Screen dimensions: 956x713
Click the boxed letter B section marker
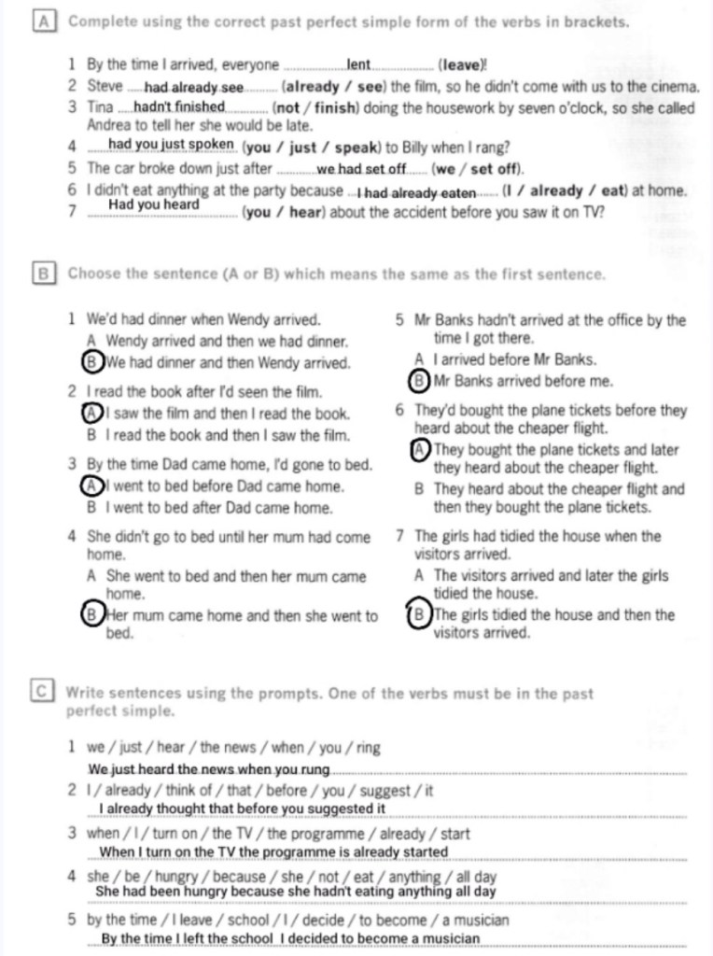click(41, 274)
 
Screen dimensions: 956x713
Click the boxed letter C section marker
click(41, 693)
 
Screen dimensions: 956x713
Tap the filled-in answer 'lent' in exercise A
click(359, 64)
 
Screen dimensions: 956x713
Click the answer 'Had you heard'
click(154, 204)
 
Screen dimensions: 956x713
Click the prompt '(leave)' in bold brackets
click(462, 65)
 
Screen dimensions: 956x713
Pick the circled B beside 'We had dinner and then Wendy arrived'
click(91, 362)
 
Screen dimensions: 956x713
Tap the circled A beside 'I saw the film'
click(91, 413)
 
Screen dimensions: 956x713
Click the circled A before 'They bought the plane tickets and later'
click(419, 450)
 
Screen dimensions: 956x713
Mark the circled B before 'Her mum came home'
click(91, 615)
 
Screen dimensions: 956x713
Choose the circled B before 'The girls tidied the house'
click(419, 615)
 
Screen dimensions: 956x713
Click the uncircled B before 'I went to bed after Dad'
click(91, 508)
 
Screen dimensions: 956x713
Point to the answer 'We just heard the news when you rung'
click(209, 769)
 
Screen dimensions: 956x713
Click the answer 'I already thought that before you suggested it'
click(242, 808)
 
